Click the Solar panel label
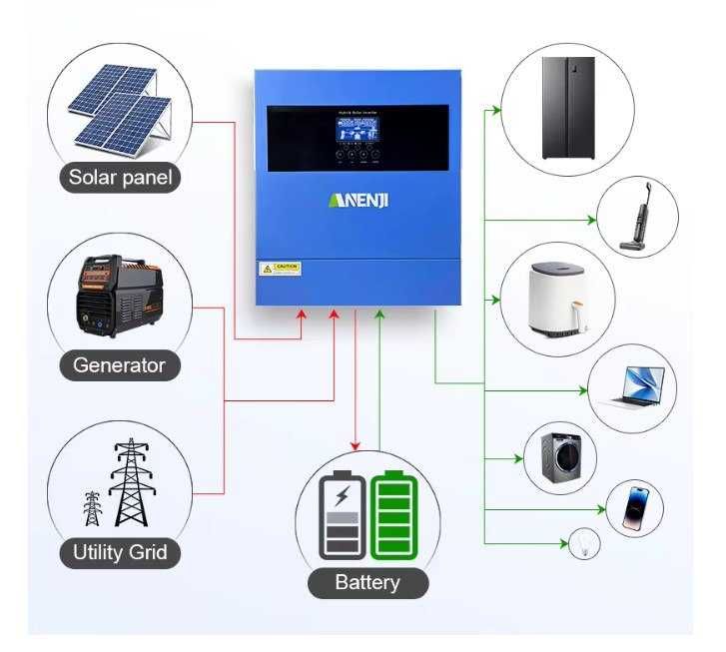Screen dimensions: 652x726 121,179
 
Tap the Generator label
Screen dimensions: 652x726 119,365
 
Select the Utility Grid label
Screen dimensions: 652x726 120,552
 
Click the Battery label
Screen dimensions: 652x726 367,583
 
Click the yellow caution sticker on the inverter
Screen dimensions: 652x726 281,269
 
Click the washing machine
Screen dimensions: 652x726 560,457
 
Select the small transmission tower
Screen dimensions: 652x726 93,508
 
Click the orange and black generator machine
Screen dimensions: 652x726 117,295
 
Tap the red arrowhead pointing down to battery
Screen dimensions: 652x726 354,445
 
